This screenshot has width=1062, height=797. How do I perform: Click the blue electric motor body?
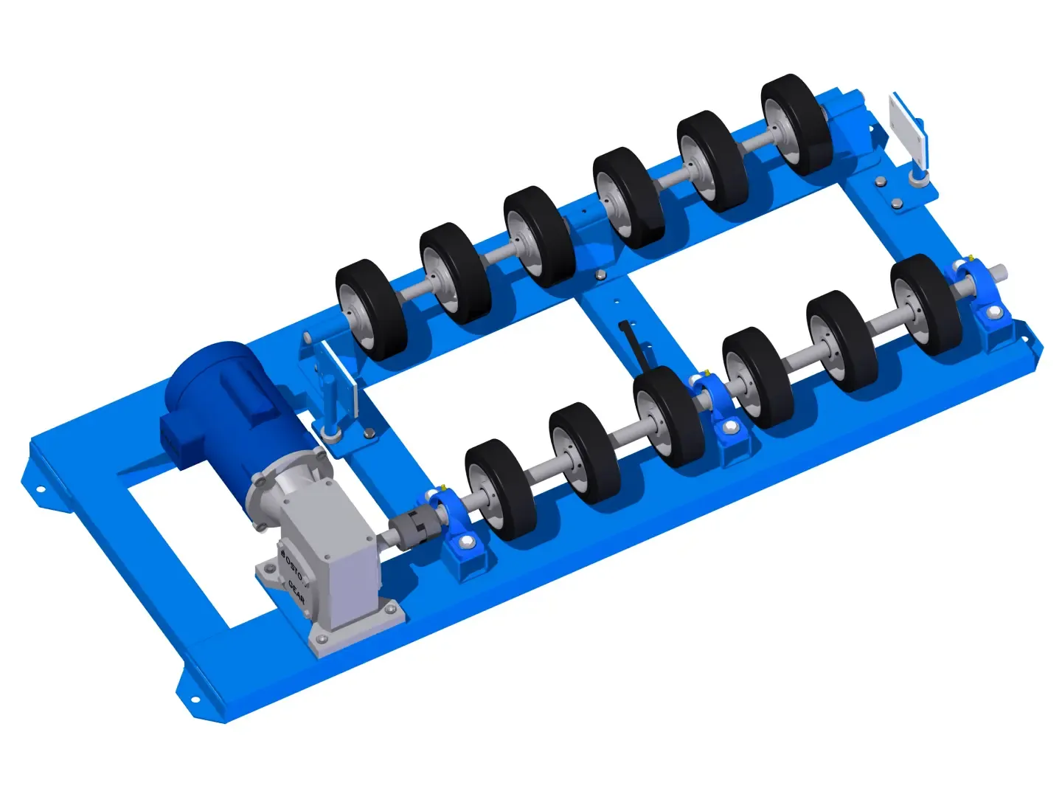pos(221,398)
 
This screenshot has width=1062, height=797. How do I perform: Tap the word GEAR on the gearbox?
pos(296,590)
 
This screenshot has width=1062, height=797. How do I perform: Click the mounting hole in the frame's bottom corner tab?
pos(195,700)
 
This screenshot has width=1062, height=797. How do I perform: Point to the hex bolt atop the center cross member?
pos(600,275)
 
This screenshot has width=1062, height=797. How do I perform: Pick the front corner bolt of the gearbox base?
pos(320,638)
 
